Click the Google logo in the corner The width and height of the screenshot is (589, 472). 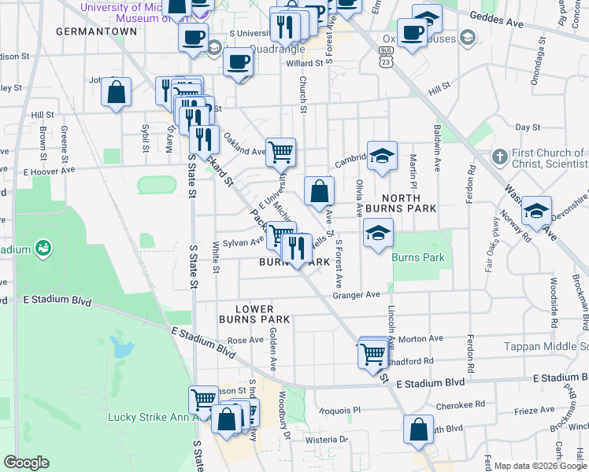(27, 462)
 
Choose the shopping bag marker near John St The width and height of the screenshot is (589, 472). (117, 93)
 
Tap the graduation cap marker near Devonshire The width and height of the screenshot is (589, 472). (536, 212)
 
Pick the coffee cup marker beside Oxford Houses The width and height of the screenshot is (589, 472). (412, 32)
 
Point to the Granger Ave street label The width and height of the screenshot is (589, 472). (356, 294)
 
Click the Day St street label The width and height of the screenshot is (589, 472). (526, 127)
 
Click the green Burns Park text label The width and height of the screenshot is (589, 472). (418, 257)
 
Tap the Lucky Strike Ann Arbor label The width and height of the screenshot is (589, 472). (149, 417)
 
